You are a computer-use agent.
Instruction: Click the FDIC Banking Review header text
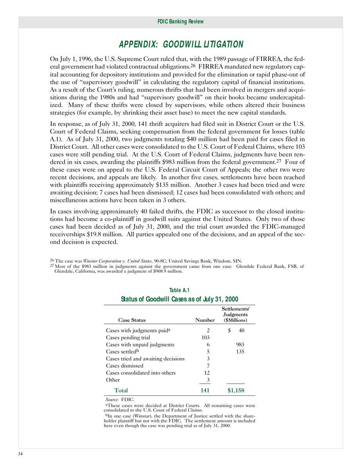click(180, 22)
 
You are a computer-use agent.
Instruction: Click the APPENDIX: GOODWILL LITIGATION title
click(181, 45)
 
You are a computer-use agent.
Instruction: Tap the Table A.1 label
click(179, 290)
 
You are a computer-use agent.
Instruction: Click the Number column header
click(205, 321)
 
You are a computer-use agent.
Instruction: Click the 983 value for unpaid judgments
click(240, 344)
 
